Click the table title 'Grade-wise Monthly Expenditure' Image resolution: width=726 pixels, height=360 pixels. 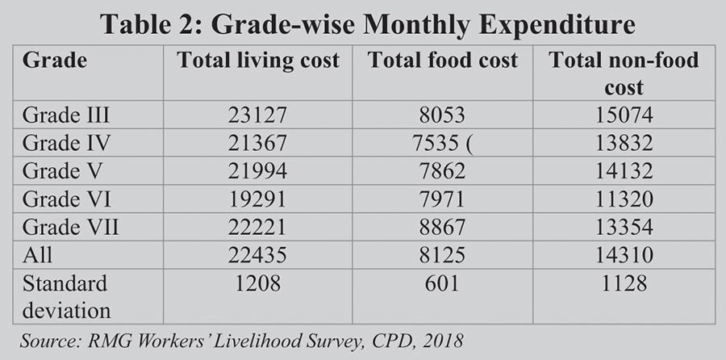363,23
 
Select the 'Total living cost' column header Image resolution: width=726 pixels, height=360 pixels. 257,61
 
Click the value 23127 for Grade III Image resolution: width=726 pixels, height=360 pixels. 258,115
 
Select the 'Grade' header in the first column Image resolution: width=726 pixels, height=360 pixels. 55,61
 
